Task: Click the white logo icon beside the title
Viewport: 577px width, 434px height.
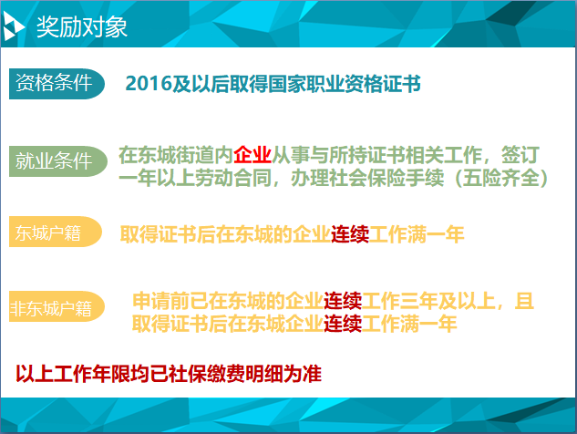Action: click(13, 26)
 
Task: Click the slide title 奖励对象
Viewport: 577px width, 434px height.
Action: click(82, 26)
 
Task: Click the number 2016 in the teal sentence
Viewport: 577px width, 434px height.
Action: click(149, 84)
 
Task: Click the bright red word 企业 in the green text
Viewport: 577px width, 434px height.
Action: click(252, 155)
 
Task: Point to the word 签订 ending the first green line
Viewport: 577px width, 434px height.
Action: click(520, 155)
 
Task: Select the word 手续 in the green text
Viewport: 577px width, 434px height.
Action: click(425, 178)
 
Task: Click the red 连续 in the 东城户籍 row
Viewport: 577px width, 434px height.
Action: click(350, 234)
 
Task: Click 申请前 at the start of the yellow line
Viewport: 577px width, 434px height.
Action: click(161, 301)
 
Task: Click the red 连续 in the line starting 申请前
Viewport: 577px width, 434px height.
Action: click(343, 301)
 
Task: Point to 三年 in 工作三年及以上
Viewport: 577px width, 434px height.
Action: click(419, 301)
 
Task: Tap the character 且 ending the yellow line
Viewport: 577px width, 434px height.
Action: click(524, 301)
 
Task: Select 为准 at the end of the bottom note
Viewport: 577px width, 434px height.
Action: click(303, 374)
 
